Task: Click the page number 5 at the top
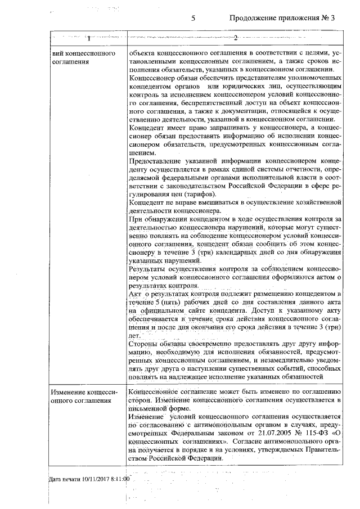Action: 193,18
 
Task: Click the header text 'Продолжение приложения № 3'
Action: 282,18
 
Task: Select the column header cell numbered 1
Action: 88,38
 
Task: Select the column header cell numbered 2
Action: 236,38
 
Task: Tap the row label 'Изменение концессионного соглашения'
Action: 83,395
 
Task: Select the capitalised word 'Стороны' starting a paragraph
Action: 144,343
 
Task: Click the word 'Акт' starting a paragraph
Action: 136,293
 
